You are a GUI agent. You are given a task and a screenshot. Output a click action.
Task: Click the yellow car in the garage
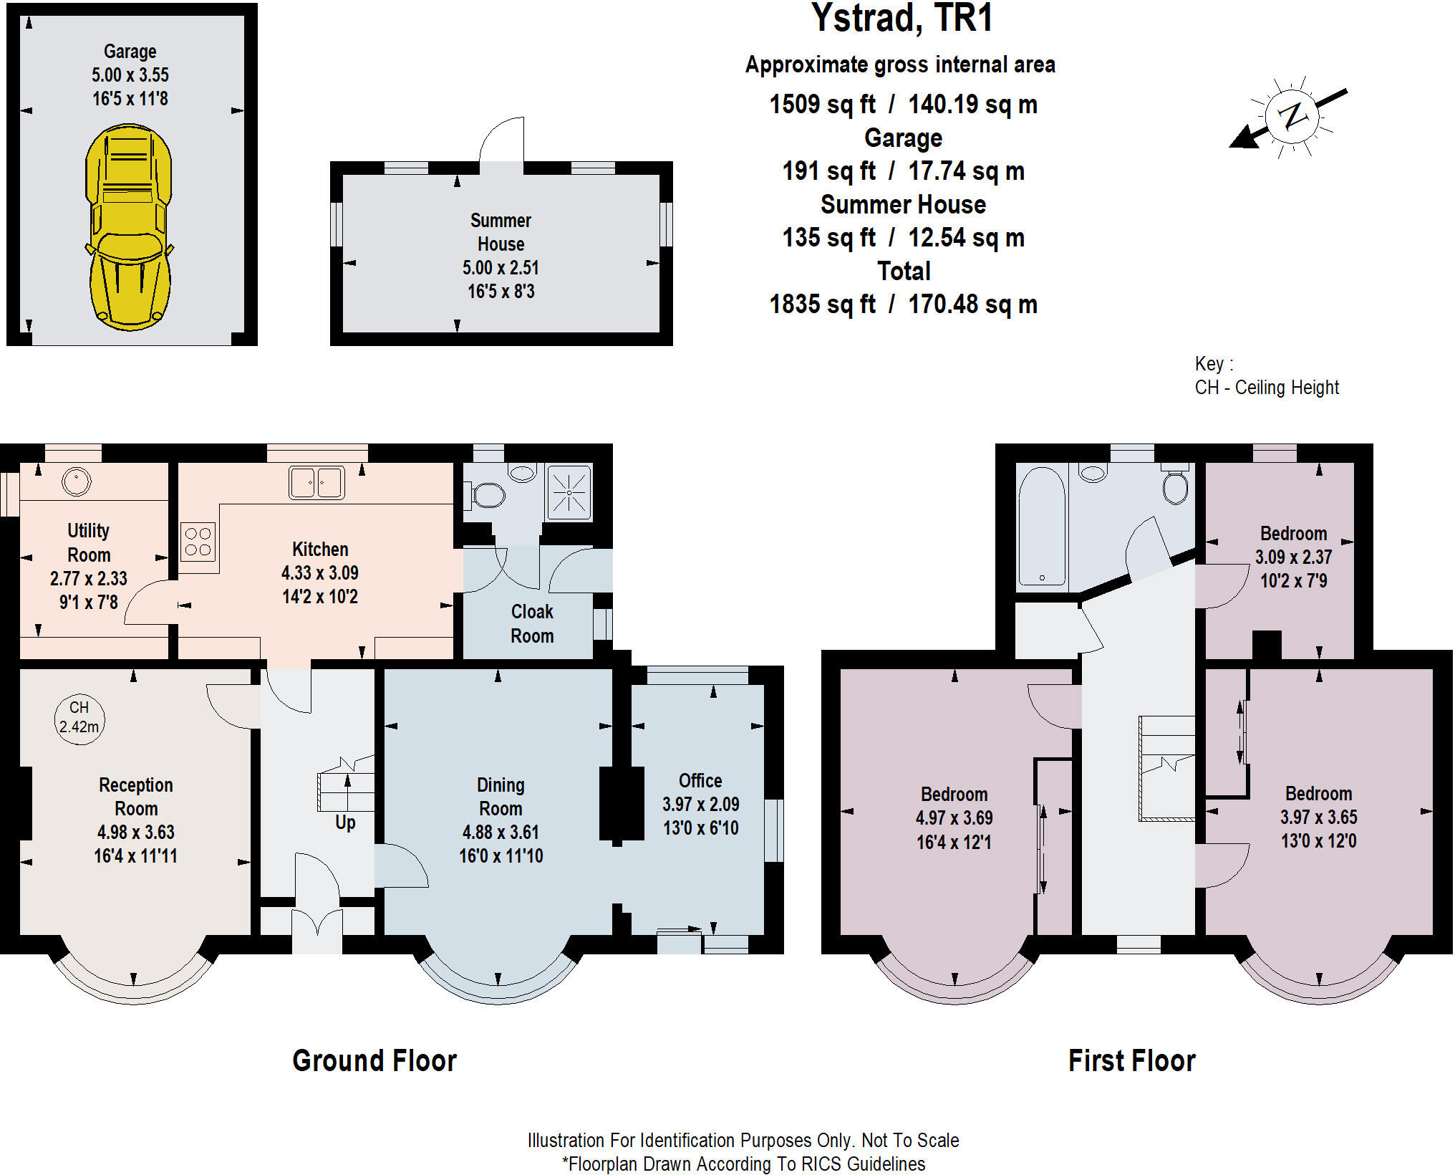[129, 228]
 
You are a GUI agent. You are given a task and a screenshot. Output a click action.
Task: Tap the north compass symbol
[1291, 116]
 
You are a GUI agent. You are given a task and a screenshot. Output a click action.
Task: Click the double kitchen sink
[316, 482]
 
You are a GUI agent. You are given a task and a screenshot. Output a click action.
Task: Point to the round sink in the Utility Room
[76, 481]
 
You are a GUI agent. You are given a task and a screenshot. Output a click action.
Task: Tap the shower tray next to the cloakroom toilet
[569, 492]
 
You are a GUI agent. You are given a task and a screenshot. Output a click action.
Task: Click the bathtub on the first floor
[1042, 527]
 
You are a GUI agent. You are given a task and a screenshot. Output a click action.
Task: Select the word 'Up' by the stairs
[345, 822]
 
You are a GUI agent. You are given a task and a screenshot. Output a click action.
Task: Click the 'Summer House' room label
[501, 232]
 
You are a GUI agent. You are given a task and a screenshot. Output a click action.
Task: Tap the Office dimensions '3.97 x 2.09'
[700, 805]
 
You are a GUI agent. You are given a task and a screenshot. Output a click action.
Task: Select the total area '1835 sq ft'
[822, 304]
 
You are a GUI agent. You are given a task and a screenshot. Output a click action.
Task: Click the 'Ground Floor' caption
[374, 1061]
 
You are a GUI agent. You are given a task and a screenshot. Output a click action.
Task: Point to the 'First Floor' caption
[1131, 1061]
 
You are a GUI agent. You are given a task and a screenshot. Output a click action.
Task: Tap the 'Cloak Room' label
[532, 623]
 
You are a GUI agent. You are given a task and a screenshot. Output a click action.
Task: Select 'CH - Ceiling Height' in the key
[1266, 388]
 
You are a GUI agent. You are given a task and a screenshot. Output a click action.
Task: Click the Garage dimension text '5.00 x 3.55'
[130, 75]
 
